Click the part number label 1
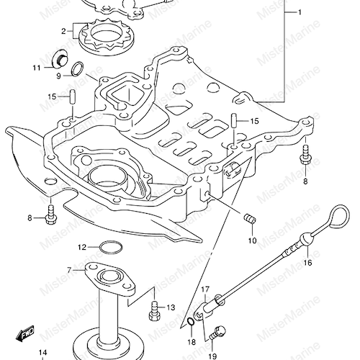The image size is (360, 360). coord(300,12)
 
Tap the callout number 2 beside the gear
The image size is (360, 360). coord(63,31)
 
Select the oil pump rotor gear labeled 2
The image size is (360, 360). coord(105,37)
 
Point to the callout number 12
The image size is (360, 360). coord(81,247)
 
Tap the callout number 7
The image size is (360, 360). coord(70,271)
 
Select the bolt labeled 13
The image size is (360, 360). coord(154,311)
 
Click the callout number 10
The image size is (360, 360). coord(252,240)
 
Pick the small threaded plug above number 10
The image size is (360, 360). coord(250,219)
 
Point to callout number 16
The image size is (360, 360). coord(307,263)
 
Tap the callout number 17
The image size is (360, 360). coord(205,289)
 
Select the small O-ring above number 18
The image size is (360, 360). coord(189,321)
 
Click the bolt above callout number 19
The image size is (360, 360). coord(217,333)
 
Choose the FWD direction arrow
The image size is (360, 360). coord(24,333)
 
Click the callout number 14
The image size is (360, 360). coord(42,353)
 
